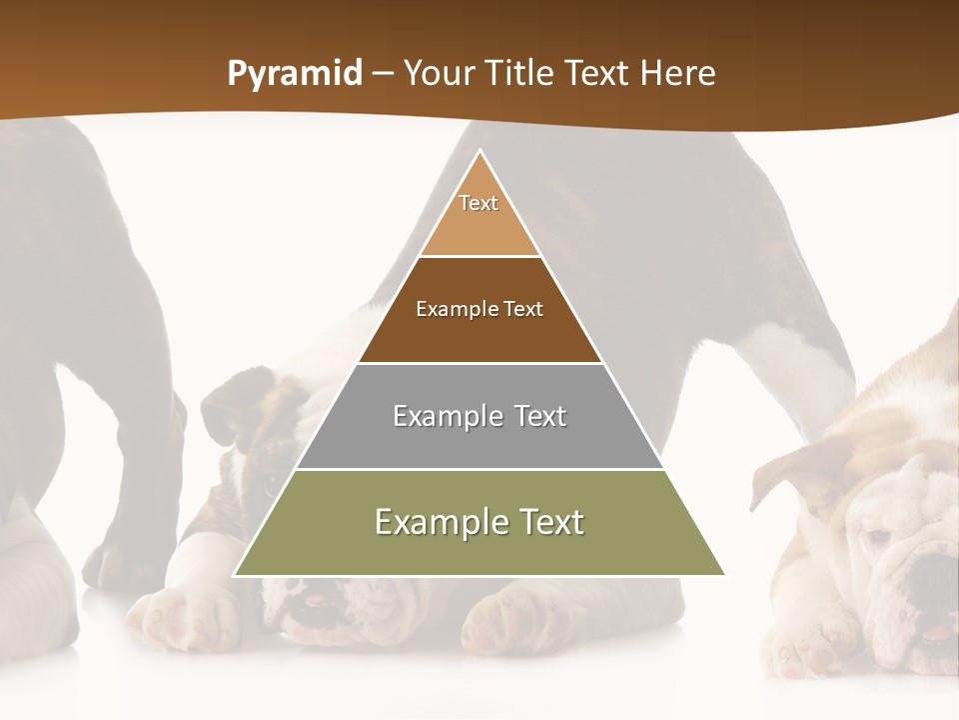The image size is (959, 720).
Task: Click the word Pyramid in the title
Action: tap(294, 74)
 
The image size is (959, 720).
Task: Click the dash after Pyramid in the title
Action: tap(383, 74)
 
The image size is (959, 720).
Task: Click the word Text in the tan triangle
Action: tap(479, 203)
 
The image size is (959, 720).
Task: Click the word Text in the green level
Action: tap(546, 522)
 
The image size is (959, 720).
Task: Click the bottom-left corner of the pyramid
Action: tap(236, 574)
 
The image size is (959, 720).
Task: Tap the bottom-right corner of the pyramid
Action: tap(723, 574)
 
